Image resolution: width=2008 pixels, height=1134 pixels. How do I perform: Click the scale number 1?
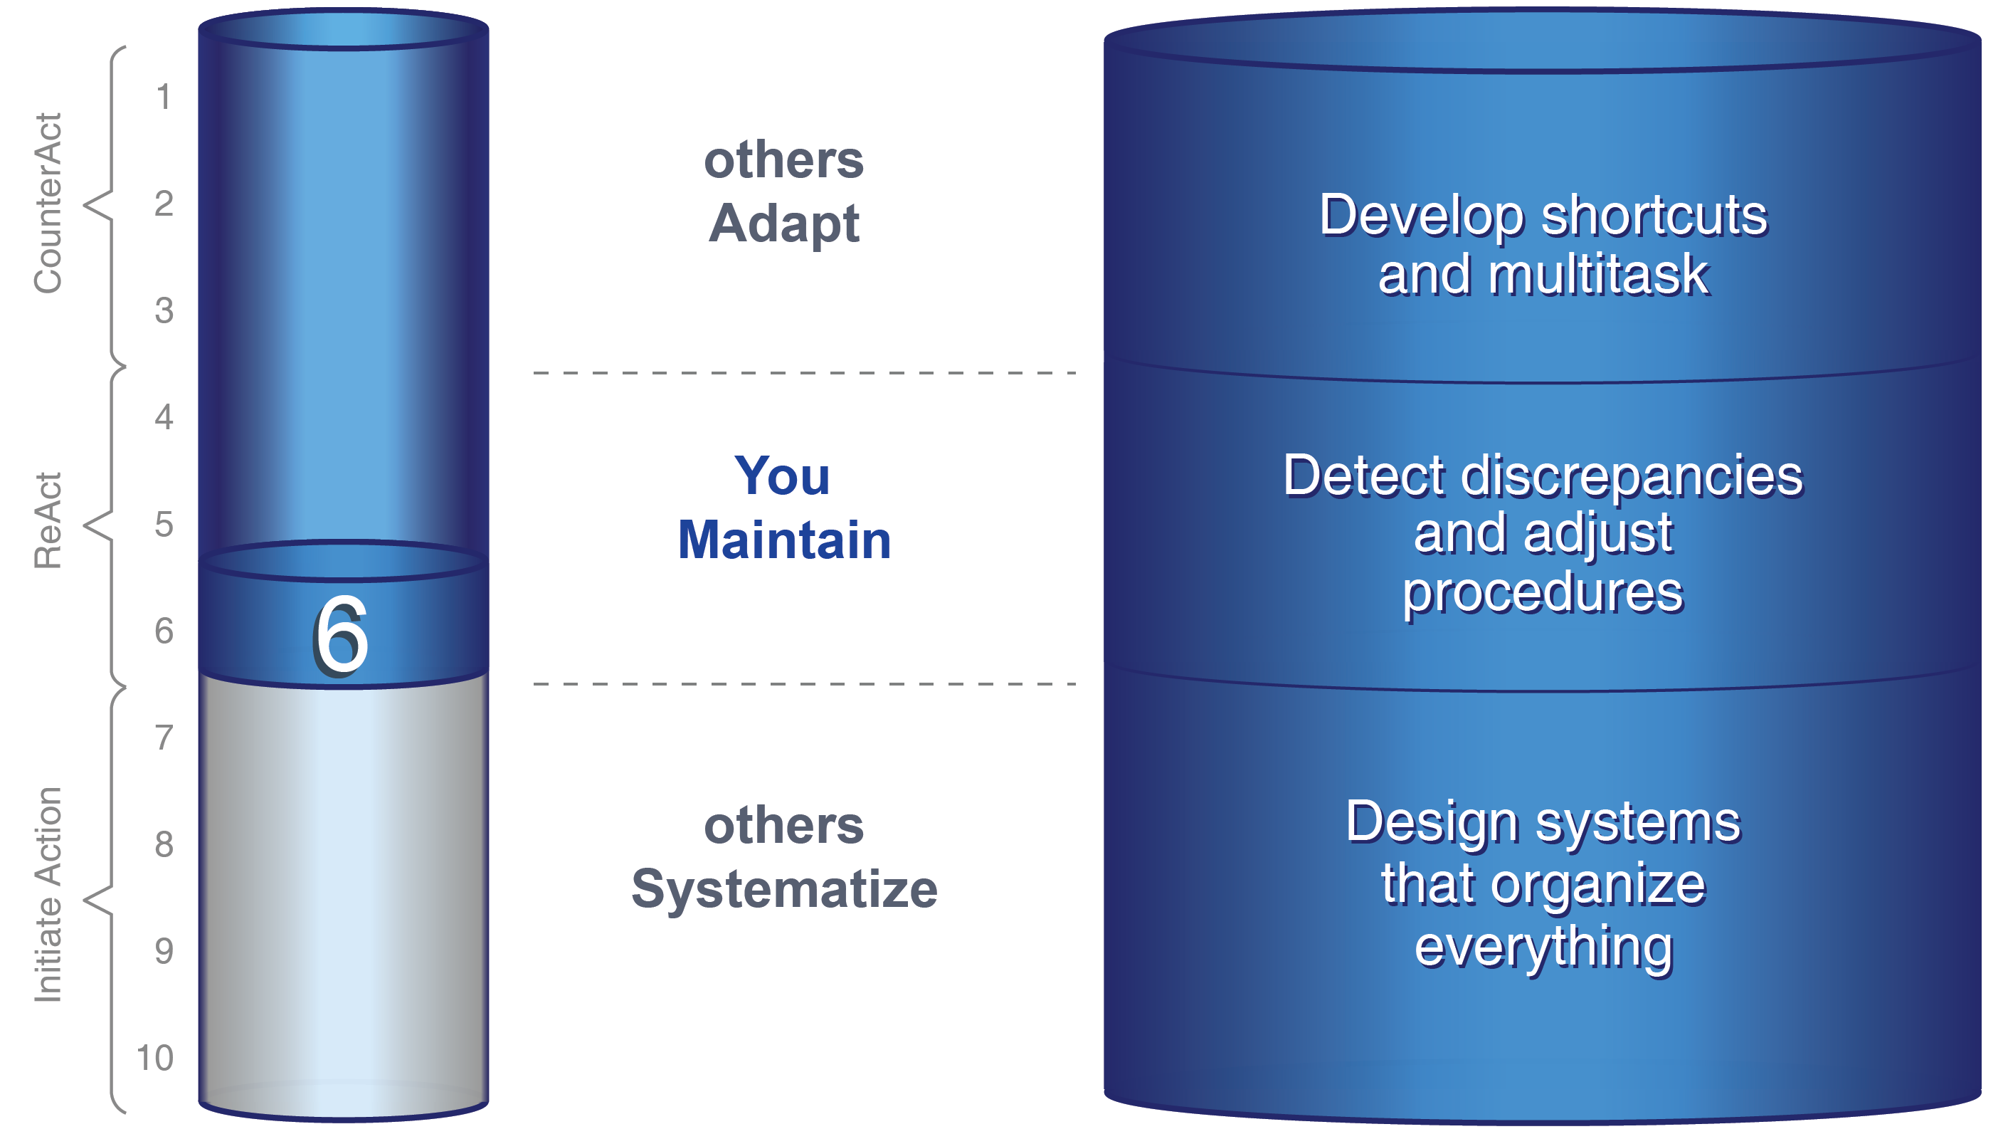(x=163, y=98)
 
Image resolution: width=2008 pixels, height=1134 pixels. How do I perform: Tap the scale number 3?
(x=164, y=310)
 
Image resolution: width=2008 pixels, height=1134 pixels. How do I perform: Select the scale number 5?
(x=164, y=524)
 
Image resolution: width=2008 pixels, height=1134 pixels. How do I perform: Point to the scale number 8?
(x=164, y=844)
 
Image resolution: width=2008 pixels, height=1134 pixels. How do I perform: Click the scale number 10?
(x=155, y=1058)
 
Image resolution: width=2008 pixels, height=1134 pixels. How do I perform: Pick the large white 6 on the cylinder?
(x=342, y=635)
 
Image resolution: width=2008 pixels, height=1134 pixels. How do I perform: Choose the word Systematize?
(x=784, y=888)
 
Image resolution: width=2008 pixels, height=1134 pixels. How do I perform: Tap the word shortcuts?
(x=1654, y=215)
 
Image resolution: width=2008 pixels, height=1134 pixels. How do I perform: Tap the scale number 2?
(x=164, y=204)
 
